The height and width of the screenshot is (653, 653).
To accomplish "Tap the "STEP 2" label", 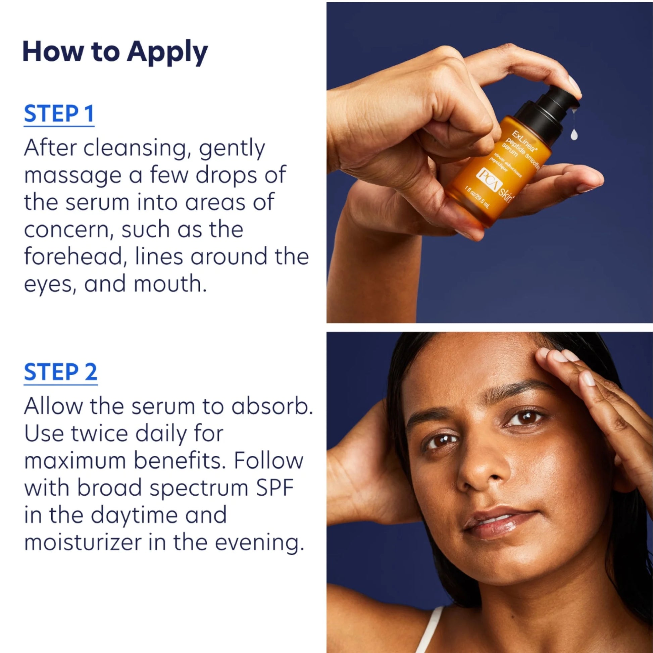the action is pos(61,372).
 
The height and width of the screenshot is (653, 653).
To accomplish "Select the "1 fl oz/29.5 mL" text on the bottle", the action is pos(477,197).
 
